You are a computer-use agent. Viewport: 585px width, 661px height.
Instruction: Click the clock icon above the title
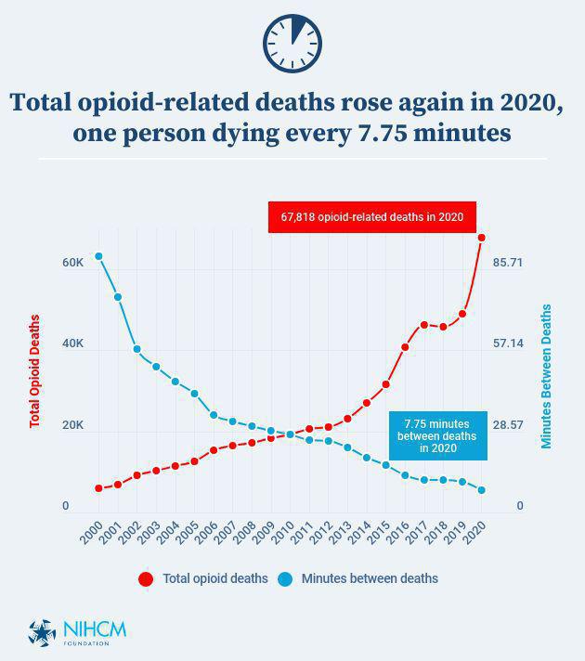pyautogui.click(x=292, y=43)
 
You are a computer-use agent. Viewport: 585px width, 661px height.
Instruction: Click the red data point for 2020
pyautogui.click(x=481, y=238)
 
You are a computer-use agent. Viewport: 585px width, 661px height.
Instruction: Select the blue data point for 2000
pyautogui.click(x=98, y=256)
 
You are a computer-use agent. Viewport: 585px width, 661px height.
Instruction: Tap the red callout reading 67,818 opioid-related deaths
pyautogui.click(x=371, y=217)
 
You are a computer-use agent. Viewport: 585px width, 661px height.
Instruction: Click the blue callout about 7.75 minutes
pyautogui.click(x=436, y=435)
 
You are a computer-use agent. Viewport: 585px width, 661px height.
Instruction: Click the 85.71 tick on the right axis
pyautogui.click(x=508, y=263)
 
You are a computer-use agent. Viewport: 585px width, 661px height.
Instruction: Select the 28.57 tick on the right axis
pyautogui.click(x=508, y=425)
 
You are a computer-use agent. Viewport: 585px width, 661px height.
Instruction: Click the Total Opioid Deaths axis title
pyautogui.click(x=35, y=371)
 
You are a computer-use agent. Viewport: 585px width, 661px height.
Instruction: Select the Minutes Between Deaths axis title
pyautogui.click(x=547, y=376)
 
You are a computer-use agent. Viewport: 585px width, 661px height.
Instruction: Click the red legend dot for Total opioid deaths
pyautogui.click(x=146, y=579)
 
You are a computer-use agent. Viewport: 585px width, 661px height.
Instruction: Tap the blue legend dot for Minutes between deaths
pyautogui.click(x=285, y=579)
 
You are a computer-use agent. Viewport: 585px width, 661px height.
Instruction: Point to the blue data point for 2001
pyautogui.click(x=118, y=297)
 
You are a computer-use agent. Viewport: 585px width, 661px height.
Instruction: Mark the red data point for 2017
pyautogui.click(x=423, y=325)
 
